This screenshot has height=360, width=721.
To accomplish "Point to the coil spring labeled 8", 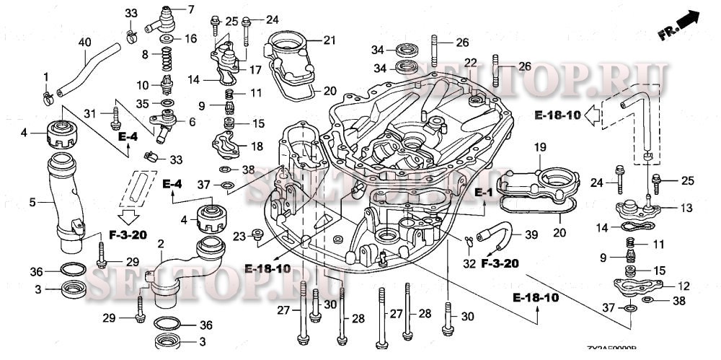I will pyautogui.click(x=167, y=55).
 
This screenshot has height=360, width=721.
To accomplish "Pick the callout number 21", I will pyautogui.click(x=329, y=40).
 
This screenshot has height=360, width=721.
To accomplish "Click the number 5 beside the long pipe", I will pyautogui.click(x=32, y=203).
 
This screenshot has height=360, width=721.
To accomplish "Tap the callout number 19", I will pyautogui.click(x=541, y=147).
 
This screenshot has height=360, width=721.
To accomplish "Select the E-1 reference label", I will pyautogui.click(x=483, y=193).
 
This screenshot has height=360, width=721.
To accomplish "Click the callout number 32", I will pyautogui.click(x=469, y=264).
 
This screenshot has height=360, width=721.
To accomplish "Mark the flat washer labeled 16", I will pyautogui.click(x=167, y=38).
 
